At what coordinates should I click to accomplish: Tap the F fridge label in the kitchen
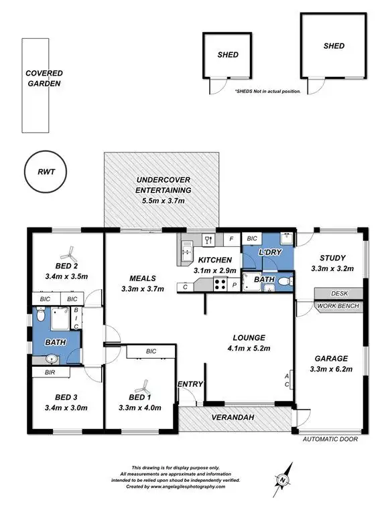click(231, 238)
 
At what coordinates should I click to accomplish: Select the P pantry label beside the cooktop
click(234, 286)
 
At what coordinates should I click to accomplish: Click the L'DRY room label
click(269, 252)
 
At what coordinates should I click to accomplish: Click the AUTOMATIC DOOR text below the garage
click(330, 440)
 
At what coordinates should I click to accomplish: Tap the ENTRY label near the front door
click(190, 384)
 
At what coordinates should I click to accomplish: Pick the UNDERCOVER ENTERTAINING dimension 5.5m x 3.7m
click(164, 201)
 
